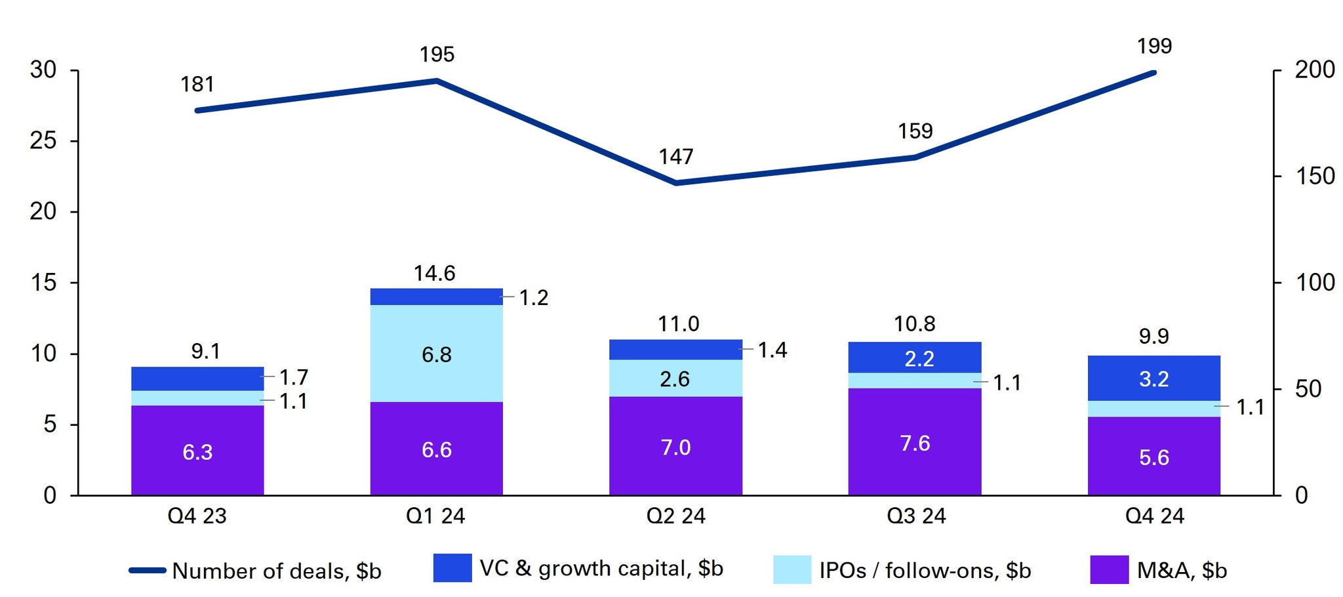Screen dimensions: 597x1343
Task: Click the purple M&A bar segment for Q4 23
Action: tap(197, 451)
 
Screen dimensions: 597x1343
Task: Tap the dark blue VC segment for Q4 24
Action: tap(1153, 378)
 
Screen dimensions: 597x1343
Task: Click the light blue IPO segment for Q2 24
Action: tap(675, 378)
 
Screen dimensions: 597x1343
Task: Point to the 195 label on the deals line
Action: tap(437, 54)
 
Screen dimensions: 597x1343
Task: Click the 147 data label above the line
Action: tap(676, 157)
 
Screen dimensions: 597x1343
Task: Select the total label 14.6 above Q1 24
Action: tap(435, 273)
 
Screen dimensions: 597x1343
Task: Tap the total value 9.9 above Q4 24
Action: tap(1153, 337)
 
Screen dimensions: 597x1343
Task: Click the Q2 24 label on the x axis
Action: tap(676, 516)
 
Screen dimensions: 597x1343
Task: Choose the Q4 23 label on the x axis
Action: tap(197, 516)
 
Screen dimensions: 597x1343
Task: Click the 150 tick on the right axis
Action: tap(1314, 176)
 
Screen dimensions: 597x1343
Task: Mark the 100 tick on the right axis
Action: tap(1314, 283)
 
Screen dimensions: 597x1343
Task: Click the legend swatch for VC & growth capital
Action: tap(452, 568)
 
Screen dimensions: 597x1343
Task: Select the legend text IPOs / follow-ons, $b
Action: tap(925, 570)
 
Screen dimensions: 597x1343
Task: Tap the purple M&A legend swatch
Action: tap(1110, 569)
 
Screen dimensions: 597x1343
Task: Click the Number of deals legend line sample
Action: tap(148, 571)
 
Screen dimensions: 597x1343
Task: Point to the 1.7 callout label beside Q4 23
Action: tap(294, 377)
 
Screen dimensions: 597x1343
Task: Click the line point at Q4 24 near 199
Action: tap(1153, 72)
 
